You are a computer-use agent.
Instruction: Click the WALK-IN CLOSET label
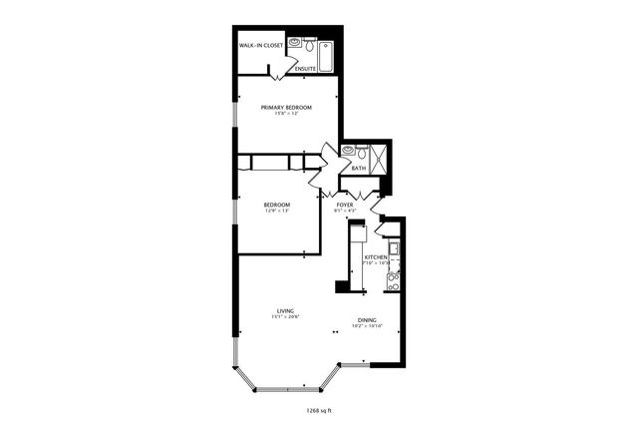[x=261, y=46]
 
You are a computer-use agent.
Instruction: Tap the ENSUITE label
[x=305, y=69]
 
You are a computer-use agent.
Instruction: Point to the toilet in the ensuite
[x=310, y=46]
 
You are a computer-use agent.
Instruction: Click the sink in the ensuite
[x=295, y=43]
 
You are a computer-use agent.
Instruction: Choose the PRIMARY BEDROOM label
[x=286, y=107]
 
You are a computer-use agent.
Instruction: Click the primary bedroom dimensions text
[x=286, y=114]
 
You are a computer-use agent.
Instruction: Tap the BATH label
[x=358, y=169]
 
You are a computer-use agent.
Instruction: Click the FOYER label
[x=345, y=204]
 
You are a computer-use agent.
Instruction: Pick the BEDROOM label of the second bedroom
[x=276, y=204]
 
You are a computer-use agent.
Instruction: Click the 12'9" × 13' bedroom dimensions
[x=276, y=211]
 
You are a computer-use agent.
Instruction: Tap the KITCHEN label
[x=375, y=257]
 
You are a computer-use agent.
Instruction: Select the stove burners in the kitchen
[x=393, y=282]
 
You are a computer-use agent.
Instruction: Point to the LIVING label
[x=284, y=310]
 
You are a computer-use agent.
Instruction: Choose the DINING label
[x=367, y=320]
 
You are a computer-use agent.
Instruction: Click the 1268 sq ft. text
[x=319, y=409]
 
